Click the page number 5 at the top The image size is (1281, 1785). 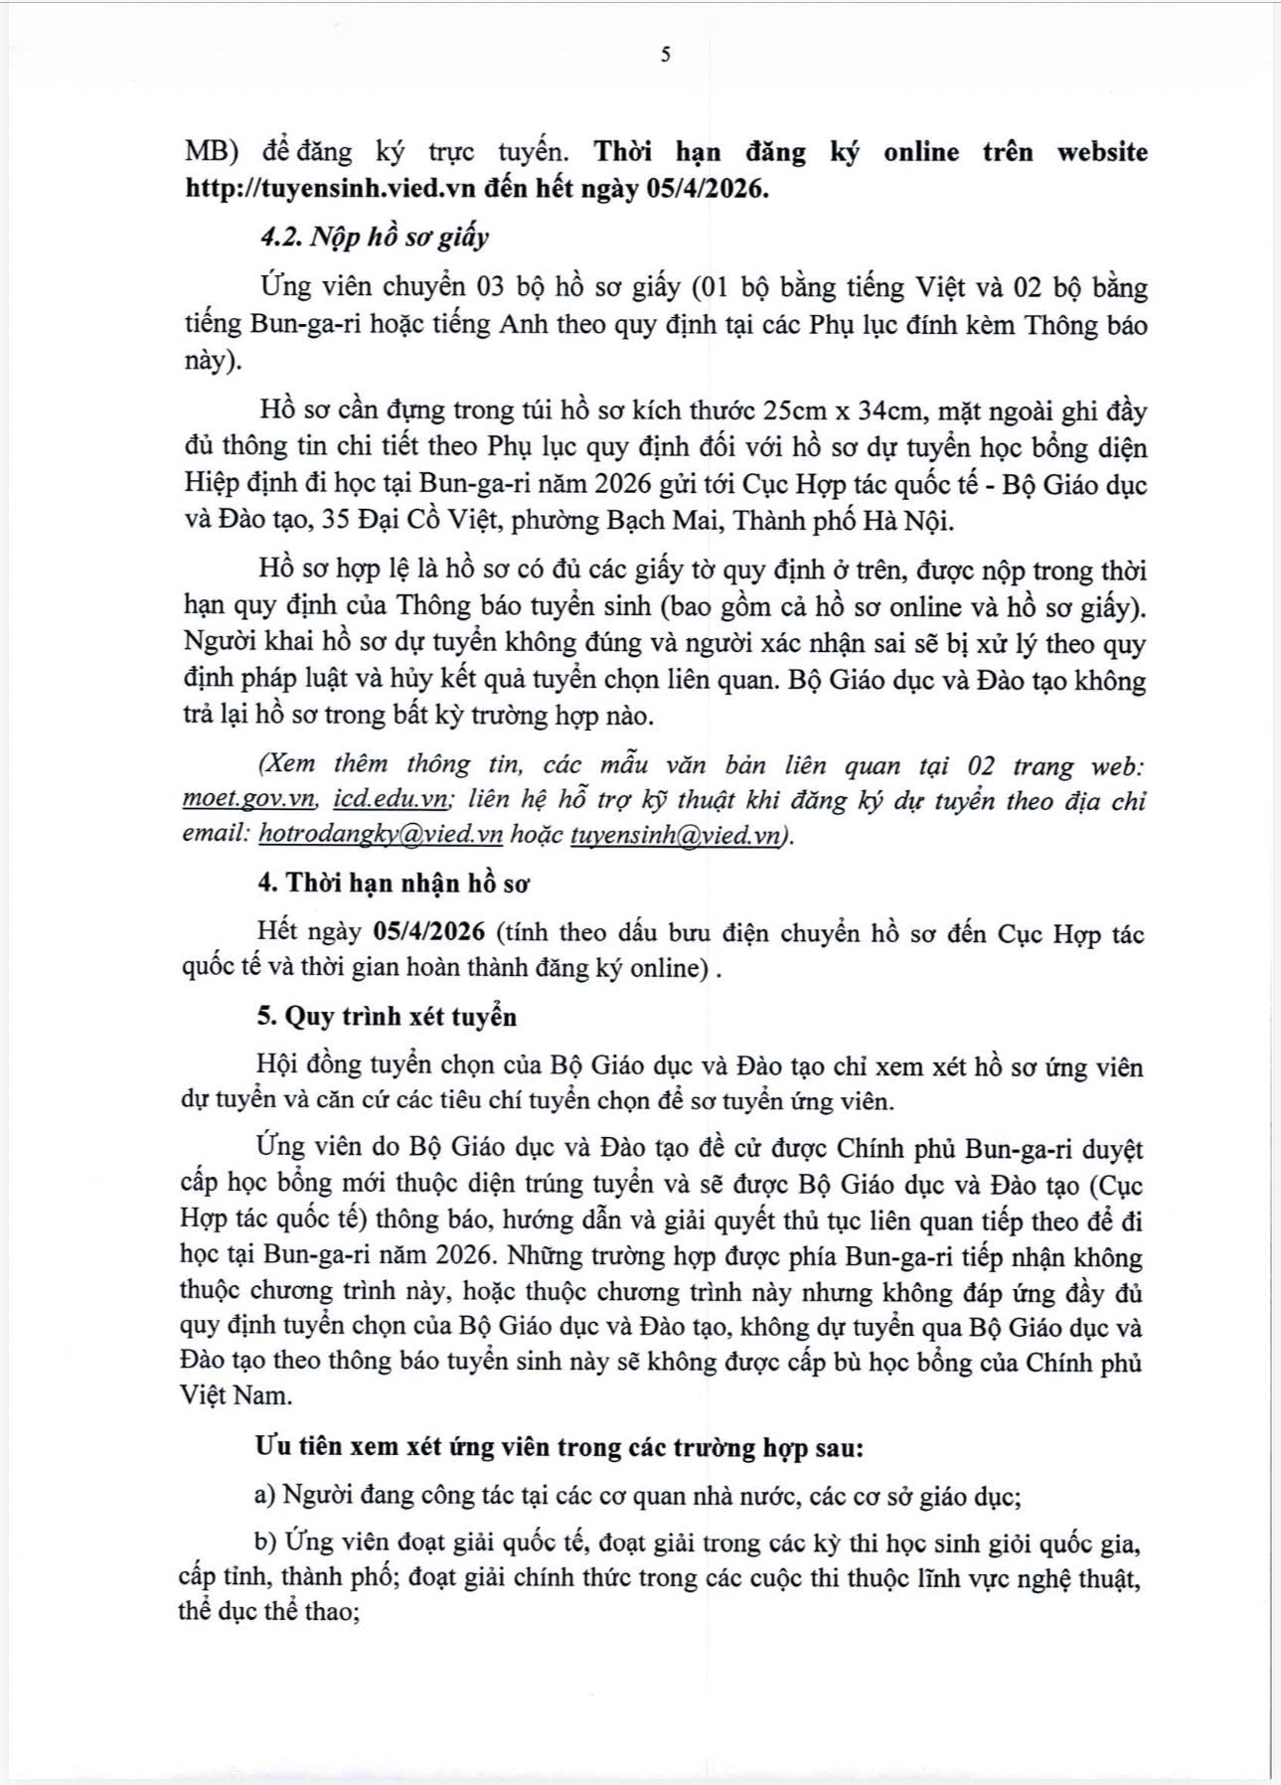point(665,56)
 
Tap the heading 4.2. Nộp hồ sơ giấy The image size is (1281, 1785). point(375,238)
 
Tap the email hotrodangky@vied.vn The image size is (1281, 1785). point(381,836)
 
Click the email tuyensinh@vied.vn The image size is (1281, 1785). point(677,836)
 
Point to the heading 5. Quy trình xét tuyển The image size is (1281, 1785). point(387,1017)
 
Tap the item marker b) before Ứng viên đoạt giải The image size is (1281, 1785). point(264,1542)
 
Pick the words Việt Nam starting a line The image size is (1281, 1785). point(237,1395)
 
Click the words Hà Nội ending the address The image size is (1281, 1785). point(911,520)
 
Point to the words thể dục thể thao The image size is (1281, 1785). point(267,1611)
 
